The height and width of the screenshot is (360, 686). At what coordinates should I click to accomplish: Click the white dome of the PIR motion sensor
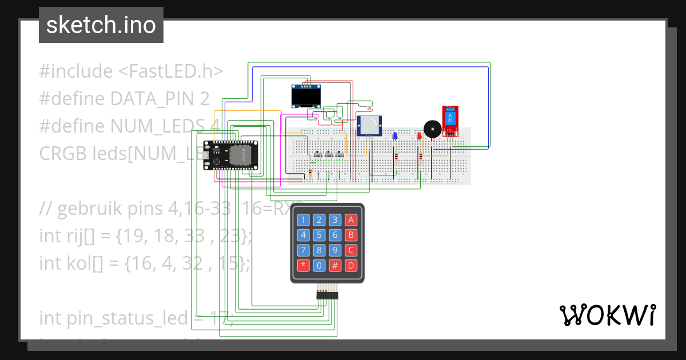tap(369, 123)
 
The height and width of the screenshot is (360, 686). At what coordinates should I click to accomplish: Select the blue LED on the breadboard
tap(394, 136)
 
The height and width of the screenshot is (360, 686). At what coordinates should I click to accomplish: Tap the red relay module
tap(450, 119)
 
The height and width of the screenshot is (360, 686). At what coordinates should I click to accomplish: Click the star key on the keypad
tap(303, 265)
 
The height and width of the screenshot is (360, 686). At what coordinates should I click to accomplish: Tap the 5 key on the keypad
tap(319, 235)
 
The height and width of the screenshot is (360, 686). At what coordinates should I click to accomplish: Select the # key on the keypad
tap(335, 265)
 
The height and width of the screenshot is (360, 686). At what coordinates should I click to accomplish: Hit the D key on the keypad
tap(351, 265)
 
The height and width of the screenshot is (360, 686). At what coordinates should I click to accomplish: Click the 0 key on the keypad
tap(319, 265)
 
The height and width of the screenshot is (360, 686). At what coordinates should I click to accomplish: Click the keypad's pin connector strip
tap(327, 295)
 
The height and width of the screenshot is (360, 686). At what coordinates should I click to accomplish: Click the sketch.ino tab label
tap(101, 25)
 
